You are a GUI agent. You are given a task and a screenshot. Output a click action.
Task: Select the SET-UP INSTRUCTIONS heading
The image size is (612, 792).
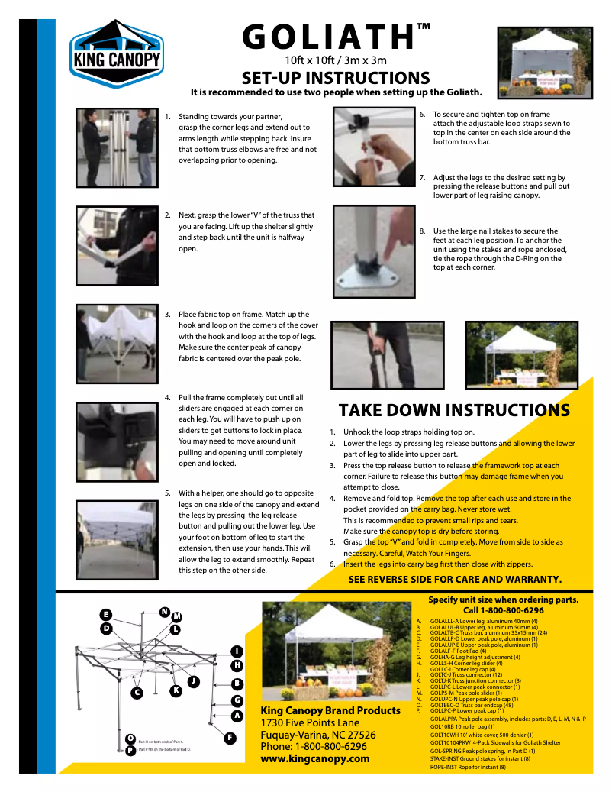336,78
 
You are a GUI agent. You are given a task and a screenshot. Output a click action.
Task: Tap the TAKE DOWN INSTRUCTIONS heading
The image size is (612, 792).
454,410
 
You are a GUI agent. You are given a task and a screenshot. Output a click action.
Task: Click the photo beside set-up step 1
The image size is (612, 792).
116,137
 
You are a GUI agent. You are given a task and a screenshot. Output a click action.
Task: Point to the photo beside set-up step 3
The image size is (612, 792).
116,343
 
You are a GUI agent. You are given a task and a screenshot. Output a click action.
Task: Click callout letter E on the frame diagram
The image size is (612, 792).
105,615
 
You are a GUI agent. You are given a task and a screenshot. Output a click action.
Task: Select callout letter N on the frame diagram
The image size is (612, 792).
164,611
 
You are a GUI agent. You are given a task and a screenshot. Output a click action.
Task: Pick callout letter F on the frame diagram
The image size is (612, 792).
229,738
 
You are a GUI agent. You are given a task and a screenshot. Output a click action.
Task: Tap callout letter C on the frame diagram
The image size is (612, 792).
137,693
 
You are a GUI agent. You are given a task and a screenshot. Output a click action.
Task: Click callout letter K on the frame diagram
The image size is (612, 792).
176,690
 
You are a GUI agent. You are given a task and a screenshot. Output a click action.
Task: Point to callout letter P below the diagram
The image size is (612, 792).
130,751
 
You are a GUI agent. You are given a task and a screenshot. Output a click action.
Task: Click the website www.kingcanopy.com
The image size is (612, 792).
315,758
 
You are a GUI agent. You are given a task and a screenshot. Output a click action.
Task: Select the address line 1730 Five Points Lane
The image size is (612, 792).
310,722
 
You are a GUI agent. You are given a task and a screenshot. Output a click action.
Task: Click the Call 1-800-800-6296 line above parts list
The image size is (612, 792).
503,611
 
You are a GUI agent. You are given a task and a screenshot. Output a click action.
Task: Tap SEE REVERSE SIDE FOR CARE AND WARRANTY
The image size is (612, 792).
455,579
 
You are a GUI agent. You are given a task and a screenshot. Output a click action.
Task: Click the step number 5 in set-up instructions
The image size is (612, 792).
168,493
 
